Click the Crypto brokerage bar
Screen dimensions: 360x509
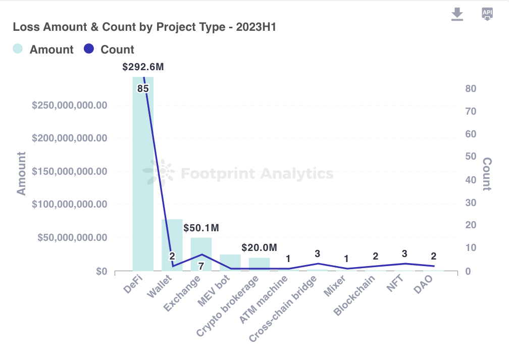pos(260,264)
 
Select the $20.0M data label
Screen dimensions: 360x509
pos(259,248)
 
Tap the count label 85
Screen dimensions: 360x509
pos(143,89)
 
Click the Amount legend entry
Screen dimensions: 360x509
pos(43,49)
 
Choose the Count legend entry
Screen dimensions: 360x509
pos(109,49)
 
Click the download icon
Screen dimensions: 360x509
pos(457,14)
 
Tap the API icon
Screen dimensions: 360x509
pos(487,14)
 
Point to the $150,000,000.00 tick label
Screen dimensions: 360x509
pos(70,171)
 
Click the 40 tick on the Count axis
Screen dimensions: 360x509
pos(471,180)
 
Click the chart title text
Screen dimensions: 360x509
pos(144,27)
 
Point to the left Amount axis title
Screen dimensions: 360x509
pos(22,173)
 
